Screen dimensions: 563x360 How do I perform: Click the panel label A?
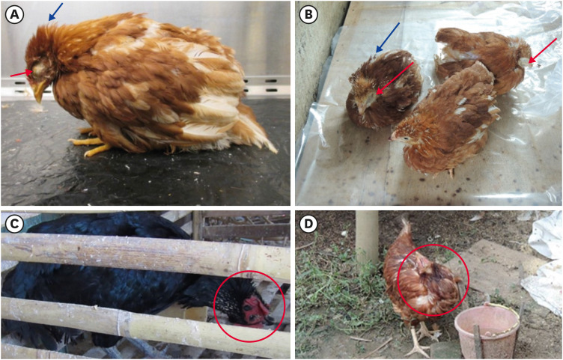(x=14, y=14)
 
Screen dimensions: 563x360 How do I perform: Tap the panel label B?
(x=308, y=14)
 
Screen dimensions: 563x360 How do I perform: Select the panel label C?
(x=14, y=224)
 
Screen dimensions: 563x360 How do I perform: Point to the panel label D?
(x=308, y=224)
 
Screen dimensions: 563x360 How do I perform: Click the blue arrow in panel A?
(x=55, y=11)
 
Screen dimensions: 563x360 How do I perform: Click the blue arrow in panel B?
(x=388, y=37)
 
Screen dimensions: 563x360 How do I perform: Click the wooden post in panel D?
(x=367, y=237)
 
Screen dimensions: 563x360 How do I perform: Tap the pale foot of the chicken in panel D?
(x=421, y=341)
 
